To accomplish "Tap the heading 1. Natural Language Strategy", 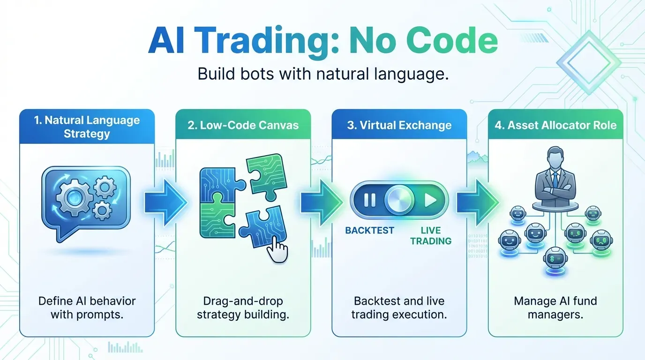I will tap(87, 127).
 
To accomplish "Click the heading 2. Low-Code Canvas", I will tap(243, 125).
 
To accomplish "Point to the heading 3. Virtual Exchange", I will tap(399, 125).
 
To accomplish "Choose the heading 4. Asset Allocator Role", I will tap(555, 125).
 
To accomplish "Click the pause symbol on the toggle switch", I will tap(370, 201).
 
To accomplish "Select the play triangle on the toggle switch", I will tap(430, 201).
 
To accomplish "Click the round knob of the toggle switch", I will tap(399, 201).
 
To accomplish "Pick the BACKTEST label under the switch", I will tap(369, 230).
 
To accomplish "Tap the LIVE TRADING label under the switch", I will tap(430, 236).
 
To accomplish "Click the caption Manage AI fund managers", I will tap(555, 307).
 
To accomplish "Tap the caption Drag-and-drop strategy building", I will tap(243, 307).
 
